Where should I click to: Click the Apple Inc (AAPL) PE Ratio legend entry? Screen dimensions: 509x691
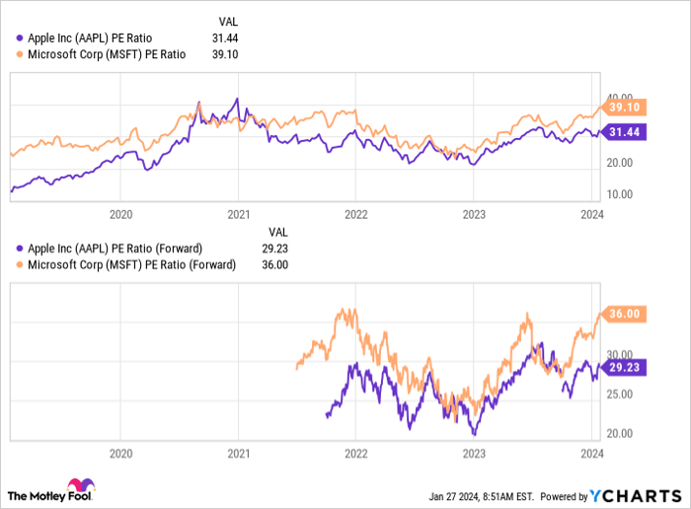[x=103, y=37]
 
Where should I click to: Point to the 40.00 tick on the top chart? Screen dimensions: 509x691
[x=619, y=97]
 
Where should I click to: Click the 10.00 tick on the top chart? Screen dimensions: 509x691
[x=619, y=193]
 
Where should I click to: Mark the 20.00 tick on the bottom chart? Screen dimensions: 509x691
[x=619, y=432]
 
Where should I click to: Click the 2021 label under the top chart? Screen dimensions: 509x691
[x=238, y=213]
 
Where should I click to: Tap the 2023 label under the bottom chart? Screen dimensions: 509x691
[x=474, y=454]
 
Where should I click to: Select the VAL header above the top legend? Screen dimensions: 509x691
[x=226, y=21]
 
